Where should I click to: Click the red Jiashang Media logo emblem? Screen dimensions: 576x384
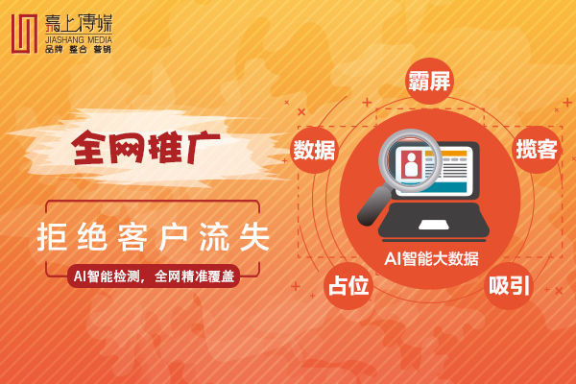point(24,34)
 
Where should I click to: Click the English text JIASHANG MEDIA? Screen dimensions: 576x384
point(79,39)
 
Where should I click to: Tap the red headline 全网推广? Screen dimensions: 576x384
point(146,147)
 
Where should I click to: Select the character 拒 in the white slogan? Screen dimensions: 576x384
point(52,237)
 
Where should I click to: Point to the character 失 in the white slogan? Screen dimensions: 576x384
point(254,237)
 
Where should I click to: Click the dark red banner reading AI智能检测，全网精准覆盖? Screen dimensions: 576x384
point(154,276)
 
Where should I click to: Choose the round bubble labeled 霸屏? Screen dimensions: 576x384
point(429,81)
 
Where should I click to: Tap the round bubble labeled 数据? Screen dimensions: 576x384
point(314,150)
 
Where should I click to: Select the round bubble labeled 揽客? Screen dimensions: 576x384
point(537,150)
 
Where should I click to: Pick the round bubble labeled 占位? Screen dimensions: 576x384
point(348,285)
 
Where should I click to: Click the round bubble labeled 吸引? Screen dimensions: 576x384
point(509,285)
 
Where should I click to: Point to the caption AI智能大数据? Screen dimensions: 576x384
point(432,258)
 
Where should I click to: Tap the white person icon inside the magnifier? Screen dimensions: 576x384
point(411,165)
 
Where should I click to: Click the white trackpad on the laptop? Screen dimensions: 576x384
point(434,225)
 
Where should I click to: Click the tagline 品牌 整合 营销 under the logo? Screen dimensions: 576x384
point(79,49)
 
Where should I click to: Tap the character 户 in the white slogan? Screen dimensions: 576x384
point(174,237)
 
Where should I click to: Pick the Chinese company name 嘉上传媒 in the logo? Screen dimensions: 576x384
point(79,23)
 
